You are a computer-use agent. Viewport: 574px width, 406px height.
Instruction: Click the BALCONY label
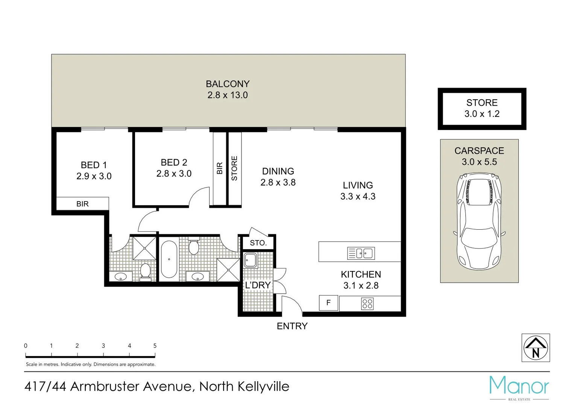(228, 84)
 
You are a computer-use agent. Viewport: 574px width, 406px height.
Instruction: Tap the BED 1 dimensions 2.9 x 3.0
(94, 176)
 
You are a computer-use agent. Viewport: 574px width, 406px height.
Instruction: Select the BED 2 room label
(174, 162)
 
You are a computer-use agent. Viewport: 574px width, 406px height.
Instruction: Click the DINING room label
(278, 171)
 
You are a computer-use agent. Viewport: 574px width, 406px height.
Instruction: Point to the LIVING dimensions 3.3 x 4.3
(358, 197)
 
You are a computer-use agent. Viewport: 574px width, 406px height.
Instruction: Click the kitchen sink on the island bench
(360, 253)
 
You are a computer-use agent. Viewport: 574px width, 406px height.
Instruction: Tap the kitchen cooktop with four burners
(367, 304)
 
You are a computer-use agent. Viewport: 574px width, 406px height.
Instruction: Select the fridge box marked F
(328, 303)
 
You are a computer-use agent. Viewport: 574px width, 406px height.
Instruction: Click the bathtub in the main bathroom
(169, 259)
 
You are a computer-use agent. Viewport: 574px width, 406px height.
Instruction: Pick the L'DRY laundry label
(258, 285)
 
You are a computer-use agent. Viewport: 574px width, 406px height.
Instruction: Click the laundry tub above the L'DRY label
(250, 260)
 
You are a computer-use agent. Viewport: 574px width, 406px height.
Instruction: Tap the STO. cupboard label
(258, 243)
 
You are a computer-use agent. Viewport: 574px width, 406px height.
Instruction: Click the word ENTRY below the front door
(292, 326)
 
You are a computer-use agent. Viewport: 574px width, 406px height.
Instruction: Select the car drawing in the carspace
(479, 222)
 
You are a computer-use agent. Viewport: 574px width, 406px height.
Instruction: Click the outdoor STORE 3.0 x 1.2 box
(482, 109)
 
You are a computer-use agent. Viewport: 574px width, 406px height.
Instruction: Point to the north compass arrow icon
(536, 348)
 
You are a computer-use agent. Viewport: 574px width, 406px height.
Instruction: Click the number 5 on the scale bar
(155, 346)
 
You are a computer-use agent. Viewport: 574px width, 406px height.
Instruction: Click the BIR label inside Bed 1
(82, 204)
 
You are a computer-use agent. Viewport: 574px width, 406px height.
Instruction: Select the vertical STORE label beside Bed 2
(234, 168)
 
